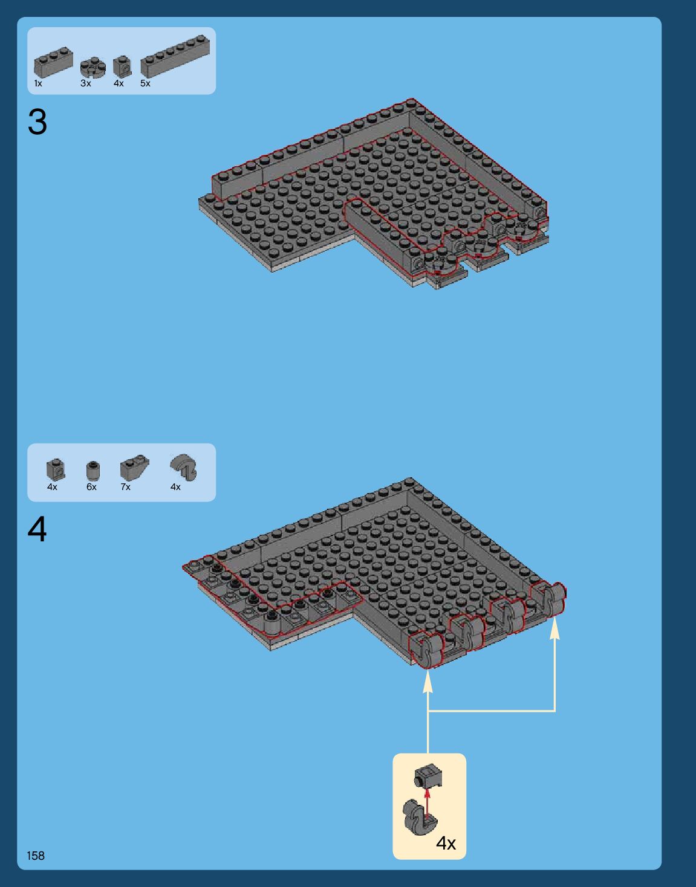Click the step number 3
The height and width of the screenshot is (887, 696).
coord(37,121)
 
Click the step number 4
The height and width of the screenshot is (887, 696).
coord(37,529)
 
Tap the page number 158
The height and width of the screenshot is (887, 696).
coord(36,856)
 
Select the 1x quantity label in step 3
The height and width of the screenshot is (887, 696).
coord(38,83)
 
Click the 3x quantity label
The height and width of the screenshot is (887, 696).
coord(86,83)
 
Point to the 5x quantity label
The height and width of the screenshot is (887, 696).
coord(145,83)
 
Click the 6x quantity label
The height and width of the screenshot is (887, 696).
coord(91,487)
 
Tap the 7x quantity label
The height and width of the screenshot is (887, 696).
coord(125,487)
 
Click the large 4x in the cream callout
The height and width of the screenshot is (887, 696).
coord(446,843)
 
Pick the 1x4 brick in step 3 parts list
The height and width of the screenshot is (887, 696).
coord(53,62)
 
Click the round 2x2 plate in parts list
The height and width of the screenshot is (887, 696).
coord(93,67)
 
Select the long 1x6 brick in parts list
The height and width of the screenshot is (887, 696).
coord(175,56)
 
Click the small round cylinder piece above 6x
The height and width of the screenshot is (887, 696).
coord(93,471)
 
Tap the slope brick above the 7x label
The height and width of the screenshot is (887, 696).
coord(134,467)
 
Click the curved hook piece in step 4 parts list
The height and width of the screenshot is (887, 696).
coord(184,467)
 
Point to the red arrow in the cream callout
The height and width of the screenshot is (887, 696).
coord(428,805)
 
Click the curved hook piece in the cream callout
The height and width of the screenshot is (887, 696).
coord(419,818)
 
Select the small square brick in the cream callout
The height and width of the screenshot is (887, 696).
coord(428,776)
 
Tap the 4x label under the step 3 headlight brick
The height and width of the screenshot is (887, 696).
coord(119,83)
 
